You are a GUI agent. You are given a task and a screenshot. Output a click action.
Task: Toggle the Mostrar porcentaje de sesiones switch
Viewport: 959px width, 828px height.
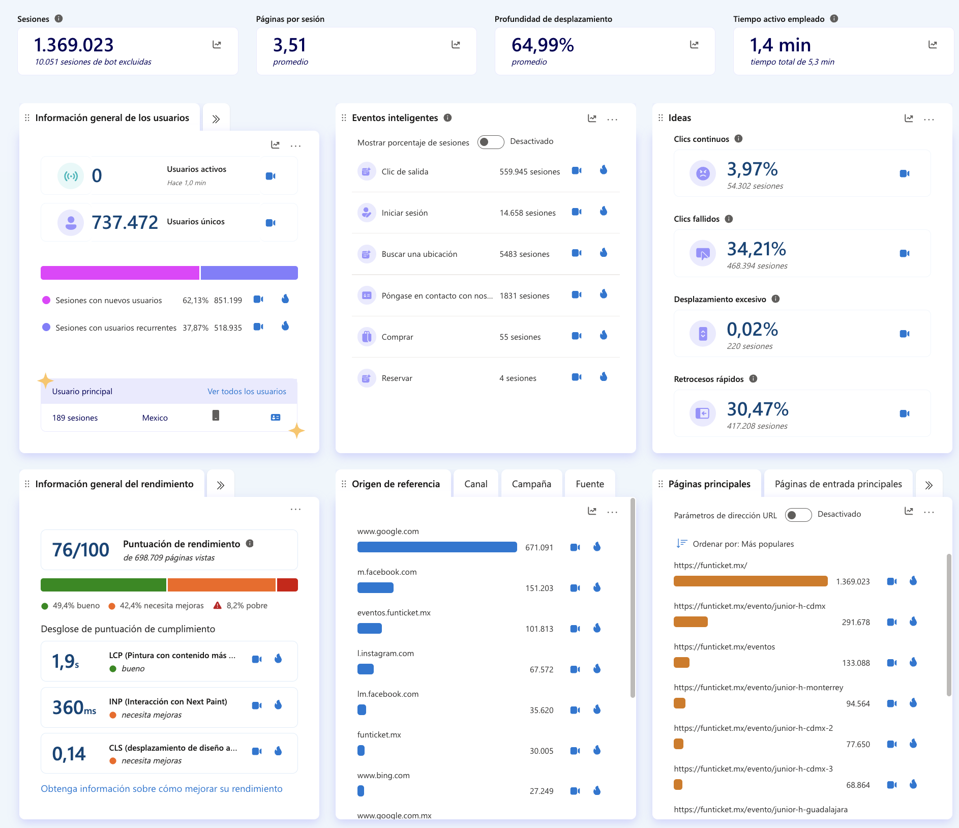coord(490,142)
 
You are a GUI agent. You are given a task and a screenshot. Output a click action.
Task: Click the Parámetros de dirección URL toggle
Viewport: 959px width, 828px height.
coord(798,515)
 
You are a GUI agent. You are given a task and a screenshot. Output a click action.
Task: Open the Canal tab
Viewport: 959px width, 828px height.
coord(475,484)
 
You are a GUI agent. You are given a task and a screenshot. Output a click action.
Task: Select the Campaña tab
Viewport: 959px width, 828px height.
coord(531,484)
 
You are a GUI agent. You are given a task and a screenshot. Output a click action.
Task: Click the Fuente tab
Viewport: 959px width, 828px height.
coord(590,484)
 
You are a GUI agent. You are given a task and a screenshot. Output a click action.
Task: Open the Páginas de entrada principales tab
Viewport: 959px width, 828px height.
coord(838,484)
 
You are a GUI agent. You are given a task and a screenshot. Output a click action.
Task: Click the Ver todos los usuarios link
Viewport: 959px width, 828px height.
coord(247,392)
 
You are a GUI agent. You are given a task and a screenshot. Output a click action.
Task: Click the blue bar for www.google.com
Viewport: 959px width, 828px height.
coord(437,547)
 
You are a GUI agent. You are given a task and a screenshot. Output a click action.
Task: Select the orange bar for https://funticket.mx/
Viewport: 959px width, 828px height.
coord(750,581)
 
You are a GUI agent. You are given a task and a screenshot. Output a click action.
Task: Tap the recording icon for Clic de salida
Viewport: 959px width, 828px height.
coord(576,171)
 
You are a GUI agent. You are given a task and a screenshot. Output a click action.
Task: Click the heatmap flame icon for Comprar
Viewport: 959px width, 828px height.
coord(604,335)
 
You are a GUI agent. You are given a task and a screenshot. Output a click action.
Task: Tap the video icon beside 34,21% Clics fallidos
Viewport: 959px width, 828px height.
coord(904,253)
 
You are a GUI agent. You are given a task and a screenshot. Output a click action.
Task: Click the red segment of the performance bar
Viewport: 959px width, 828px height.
coord(287,585)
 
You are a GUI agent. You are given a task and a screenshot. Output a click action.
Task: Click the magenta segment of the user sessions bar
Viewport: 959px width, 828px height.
coord(119,273)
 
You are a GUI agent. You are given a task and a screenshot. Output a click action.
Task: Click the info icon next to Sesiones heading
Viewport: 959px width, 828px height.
coord(59,19)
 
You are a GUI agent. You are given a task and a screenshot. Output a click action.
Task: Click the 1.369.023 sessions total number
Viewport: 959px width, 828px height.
coord(74,45)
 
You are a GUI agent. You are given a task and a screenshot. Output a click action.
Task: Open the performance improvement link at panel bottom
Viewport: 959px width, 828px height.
coord(162,789)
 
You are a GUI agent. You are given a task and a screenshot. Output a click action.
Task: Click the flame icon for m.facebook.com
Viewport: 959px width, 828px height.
coord(597,587)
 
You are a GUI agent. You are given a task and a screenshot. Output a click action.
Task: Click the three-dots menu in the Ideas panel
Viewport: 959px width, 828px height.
coord(928,119)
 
